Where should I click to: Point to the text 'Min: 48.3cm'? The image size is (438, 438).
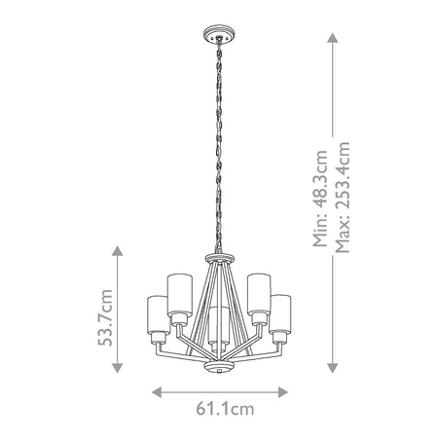pos(322,200)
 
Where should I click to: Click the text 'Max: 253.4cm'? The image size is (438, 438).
pos(342,200)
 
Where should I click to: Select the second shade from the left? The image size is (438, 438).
pos(178,294)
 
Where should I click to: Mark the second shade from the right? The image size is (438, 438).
pos(259,294)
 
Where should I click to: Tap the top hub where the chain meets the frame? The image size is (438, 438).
pos(218,259)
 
